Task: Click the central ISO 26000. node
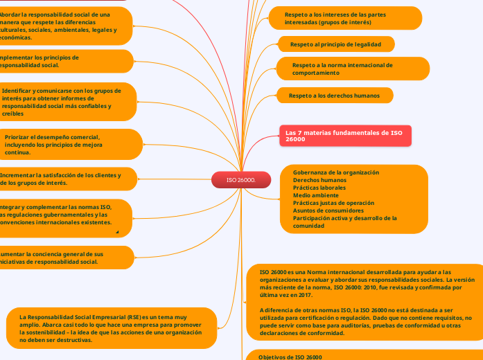(x=240, y=180)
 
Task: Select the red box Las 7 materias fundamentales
(x=346, y=135)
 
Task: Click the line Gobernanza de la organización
(x=336, y=172)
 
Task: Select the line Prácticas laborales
(x=319, y=188)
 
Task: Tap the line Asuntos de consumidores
(x=328, y=210)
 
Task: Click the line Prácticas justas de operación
(x=333, y=203)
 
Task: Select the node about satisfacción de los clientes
(x=62, y=179)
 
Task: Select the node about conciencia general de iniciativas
(x=62, y=258)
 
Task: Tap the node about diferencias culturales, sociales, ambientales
(x=62, y=26)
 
